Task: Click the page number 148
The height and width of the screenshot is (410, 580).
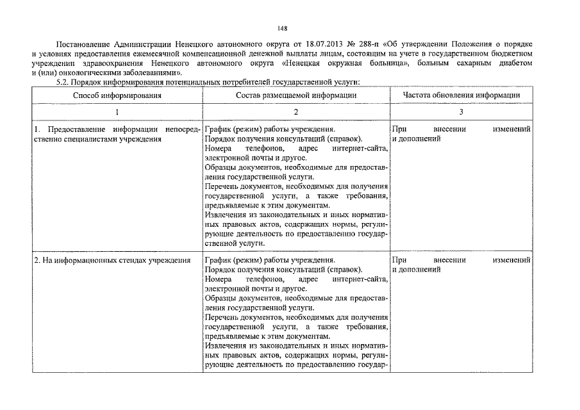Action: [283, 29]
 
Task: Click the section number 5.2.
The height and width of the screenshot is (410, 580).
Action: [64, 82]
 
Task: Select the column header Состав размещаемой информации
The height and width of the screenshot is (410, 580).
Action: [296, 95]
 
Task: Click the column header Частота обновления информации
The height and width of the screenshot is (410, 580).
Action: [461, 95]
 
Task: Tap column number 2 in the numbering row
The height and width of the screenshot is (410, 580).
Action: [296, 112]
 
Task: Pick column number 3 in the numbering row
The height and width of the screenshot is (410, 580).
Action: [461, 112]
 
